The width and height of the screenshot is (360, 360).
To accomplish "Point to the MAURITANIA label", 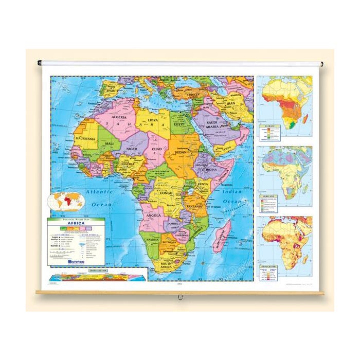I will click(85, 138).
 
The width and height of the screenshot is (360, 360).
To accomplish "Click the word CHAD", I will click(157, 149).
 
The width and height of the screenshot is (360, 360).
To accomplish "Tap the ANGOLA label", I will click(154, 215).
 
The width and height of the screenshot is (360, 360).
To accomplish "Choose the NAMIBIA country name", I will click(153, 240).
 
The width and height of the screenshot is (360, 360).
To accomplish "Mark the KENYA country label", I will click(203, 184).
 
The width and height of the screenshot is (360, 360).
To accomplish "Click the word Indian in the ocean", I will click(232, 191).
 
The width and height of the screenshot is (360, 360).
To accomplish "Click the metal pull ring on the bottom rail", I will click(179, 297).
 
